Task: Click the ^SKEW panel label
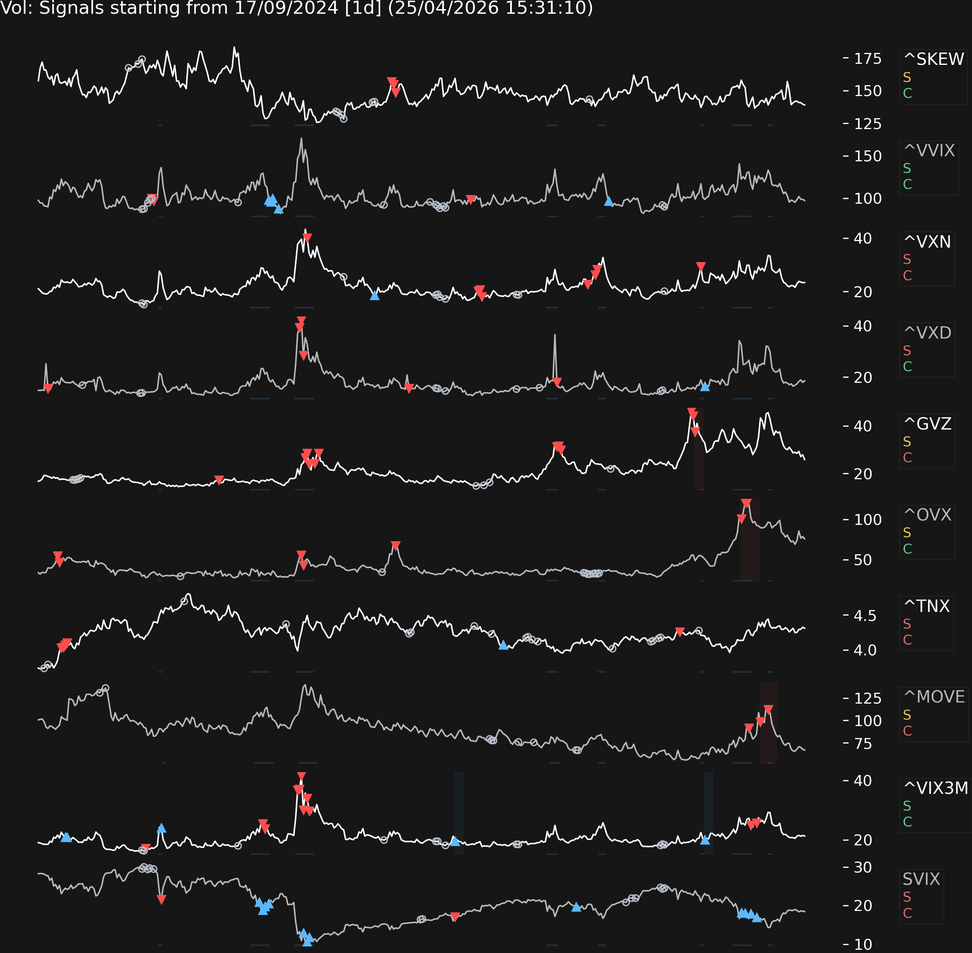(934, 59)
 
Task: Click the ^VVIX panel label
(929, 150)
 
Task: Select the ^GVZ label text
(927, 423)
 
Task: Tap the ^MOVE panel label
(934, 697)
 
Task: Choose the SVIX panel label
(921, 879)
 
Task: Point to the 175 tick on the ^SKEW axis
(867, 59)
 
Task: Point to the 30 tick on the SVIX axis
(863, 867)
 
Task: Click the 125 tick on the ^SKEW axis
(867, 124)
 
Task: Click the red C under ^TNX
(907, 640)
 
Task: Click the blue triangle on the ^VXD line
(705, 386)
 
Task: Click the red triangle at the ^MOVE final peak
(768, 709)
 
